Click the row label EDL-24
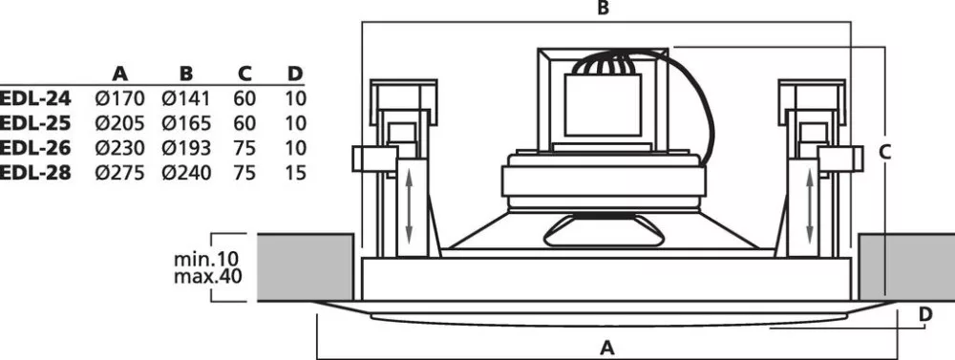[x=35, y=98]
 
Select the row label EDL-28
[x=35, y=173]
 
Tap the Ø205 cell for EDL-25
[x=120, y=123]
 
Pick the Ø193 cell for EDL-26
[x=186, y=148]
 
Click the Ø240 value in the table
[x=186, y=173]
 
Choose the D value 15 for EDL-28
[x=295, y=173]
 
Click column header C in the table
[x=244, y=74]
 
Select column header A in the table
[x=120, y=74]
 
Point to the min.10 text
[x=206, y=259]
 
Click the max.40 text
[x=207, y=277]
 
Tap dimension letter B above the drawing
[x=603, y=9]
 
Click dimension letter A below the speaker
[x=606, y=348]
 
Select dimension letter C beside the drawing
[x=885, y=152]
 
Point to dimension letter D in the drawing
[x=925, y=314]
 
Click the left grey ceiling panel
[x=306, y=267]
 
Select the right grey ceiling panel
[x=907, y=267]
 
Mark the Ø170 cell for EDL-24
[x=120, y=98]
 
